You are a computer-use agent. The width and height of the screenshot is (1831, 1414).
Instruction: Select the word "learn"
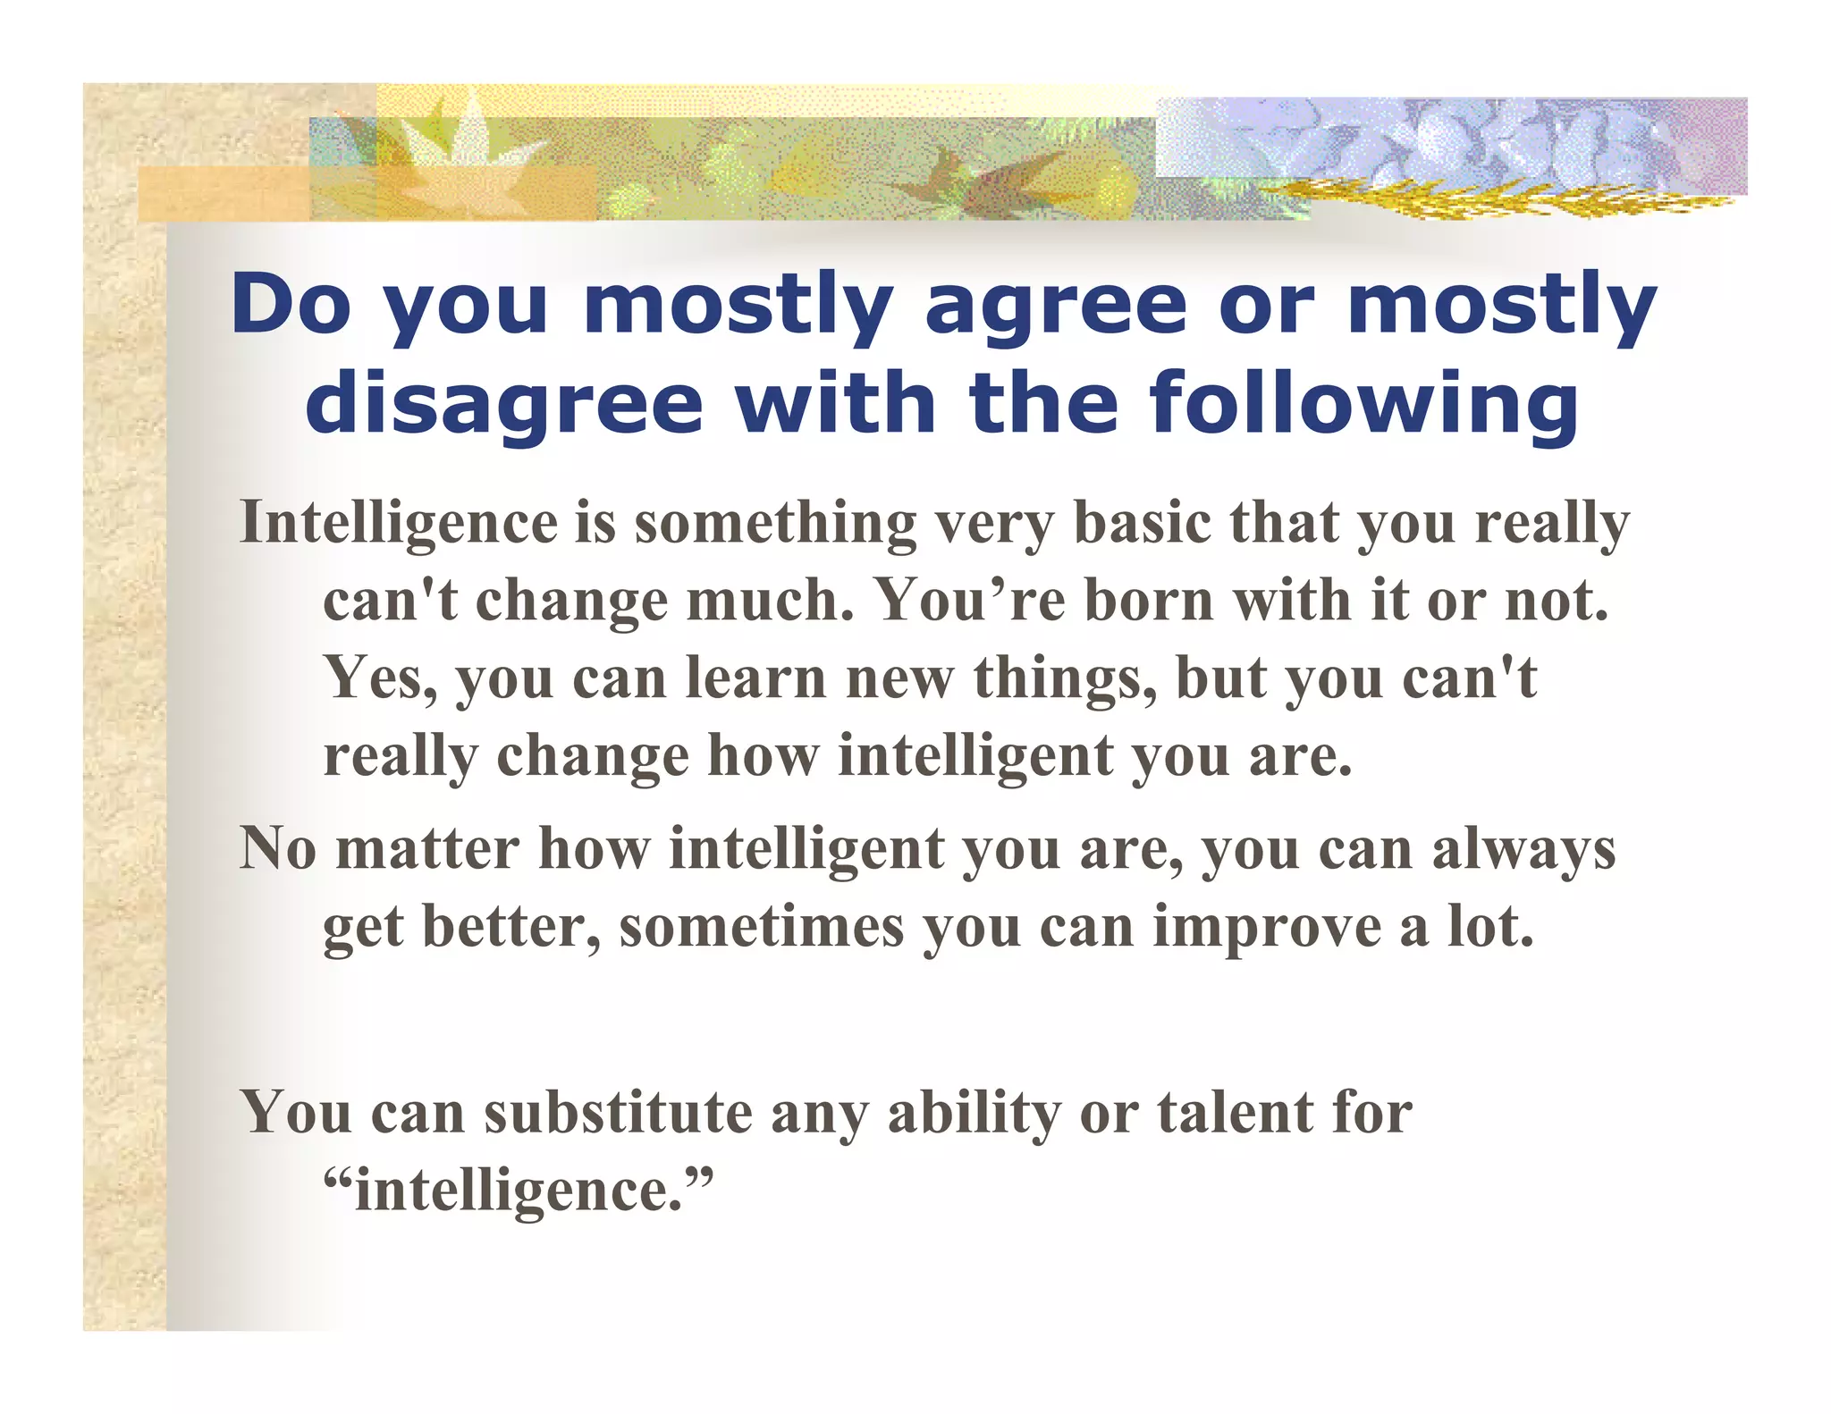755,678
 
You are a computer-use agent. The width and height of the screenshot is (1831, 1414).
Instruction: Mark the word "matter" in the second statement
426,848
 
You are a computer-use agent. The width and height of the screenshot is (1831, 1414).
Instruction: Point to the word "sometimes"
762,927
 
